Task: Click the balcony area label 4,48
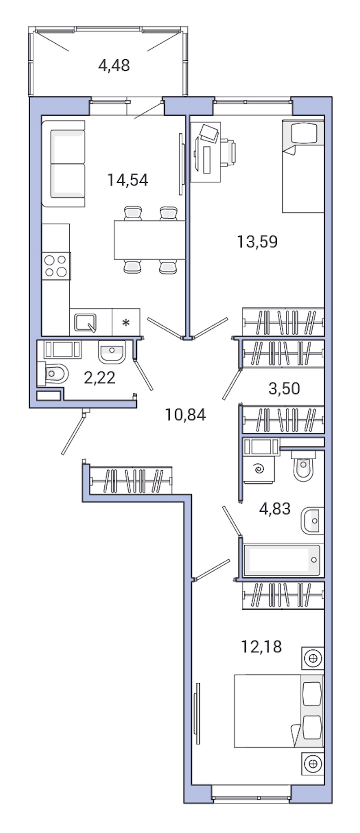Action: coord(114,66)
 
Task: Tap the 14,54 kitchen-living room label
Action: coord(128,180)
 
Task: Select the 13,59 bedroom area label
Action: coord(257,242)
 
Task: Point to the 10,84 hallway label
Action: coord(185,414)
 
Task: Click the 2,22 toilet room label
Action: coord(99,377)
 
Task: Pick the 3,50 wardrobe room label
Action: coord(284,388)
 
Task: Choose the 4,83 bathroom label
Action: coord(274,509)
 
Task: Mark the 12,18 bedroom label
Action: coord(261,647)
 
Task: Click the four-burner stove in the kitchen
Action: coord(56,266)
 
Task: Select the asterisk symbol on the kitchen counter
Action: coord(126,323)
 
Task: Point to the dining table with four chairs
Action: coord(149,240)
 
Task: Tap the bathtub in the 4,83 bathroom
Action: coord(282,560)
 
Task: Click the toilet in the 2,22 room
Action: coord(55,373)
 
